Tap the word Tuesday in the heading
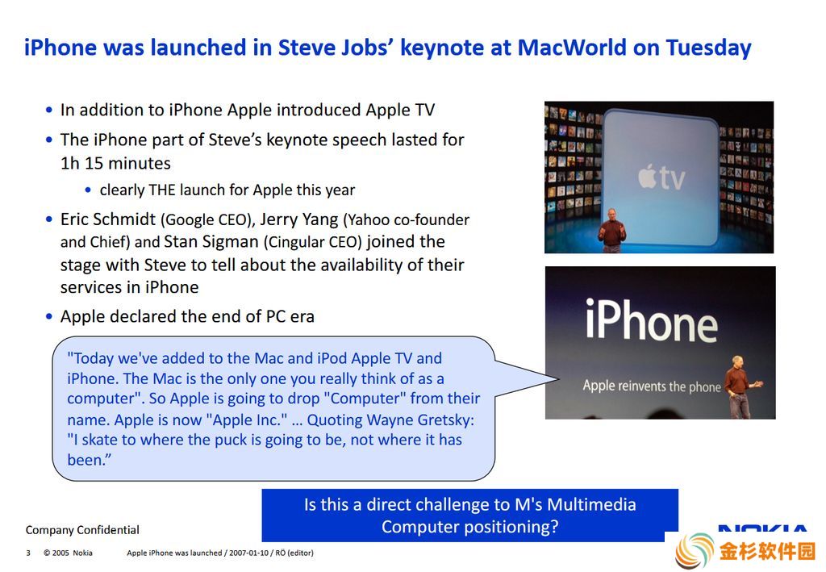708,48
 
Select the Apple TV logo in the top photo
661,177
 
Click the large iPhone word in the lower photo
651,319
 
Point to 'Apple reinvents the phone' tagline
652,386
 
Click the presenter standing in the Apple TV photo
611,230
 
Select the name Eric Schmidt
108,219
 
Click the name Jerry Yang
299,219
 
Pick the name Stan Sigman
211,242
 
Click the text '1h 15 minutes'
115,163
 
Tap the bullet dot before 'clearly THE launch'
88,190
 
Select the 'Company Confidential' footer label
83,530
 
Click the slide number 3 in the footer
28,553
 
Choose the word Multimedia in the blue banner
591,504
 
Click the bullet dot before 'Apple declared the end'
49,316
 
